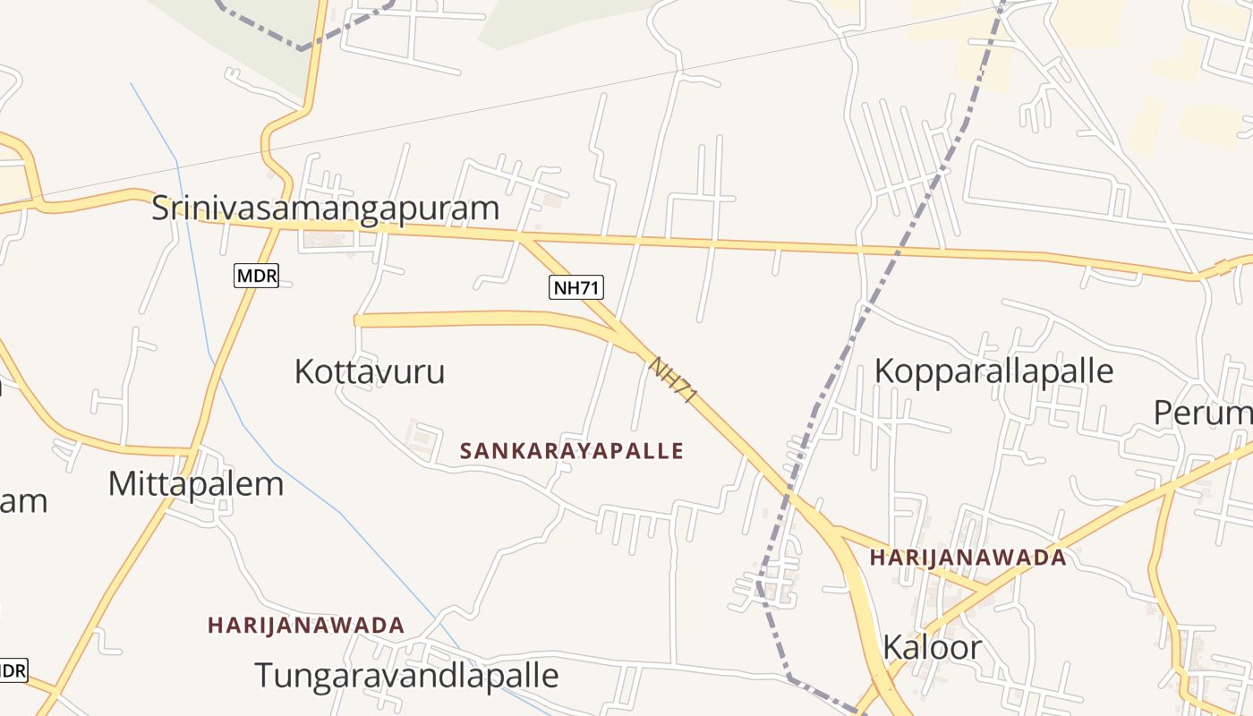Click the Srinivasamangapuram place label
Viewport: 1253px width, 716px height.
point(325,208)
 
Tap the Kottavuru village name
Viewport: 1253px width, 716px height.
point(369,371)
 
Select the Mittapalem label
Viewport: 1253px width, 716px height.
point(195,483)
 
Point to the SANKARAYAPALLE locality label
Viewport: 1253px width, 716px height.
point(571,451)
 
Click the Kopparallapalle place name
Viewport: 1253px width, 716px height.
point(993,371)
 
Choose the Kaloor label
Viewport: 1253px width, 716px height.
point(932,647)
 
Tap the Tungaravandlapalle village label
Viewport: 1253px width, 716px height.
point(406,675)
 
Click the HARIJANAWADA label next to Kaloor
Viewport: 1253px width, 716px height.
point(967,558)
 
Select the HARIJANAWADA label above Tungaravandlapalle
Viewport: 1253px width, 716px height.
point(306,625)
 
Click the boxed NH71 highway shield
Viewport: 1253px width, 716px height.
point(576,287)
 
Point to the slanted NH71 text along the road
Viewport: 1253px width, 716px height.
point(672,379)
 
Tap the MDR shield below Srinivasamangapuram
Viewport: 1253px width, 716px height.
point(256,276)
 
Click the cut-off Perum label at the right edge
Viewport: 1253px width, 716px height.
point(1204,413)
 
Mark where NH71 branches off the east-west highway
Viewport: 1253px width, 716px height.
point(524,238)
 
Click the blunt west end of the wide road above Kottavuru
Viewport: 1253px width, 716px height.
point(357,320)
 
